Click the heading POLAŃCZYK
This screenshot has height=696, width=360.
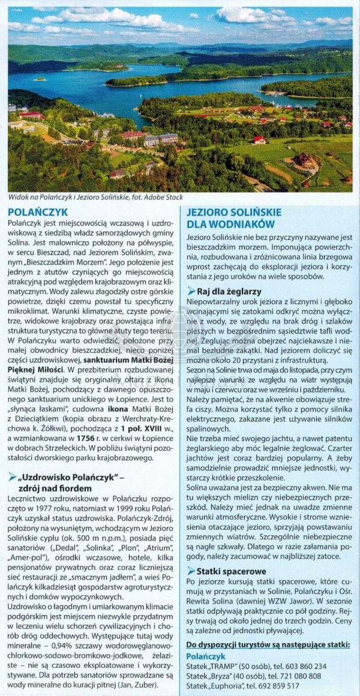coord(38,212)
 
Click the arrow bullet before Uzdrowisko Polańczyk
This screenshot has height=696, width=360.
coord(12,477)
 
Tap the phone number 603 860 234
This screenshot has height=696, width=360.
coord(306,667)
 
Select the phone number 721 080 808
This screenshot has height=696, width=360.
coord(302,676)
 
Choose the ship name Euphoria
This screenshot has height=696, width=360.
coord(229,685)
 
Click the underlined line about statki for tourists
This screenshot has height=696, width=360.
coord(268,644)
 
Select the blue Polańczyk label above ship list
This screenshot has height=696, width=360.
coord(206,656)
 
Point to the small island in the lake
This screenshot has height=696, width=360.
coord(41,79)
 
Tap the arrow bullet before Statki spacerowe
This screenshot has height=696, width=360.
coord(191,570)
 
